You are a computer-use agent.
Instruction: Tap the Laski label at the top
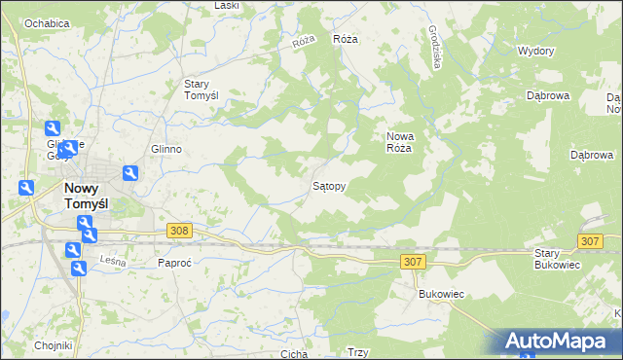click(x=226, y=6)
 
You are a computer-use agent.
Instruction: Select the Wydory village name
click(x=536, y=51)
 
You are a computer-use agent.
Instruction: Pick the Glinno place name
click(x=166, y=149)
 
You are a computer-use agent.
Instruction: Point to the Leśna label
click(x=113, y=259)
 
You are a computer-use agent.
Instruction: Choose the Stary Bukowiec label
click(x=558, y=259)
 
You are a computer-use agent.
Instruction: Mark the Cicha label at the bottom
click(x=294, y=354)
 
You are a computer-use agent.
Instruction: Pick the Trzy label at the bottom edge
click(x=357, y=353)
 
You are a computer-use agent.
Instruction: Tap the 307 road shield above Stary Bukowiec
click(x=589, y=240)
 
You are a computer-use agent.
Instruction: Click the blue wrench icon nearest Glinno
click(x=128, y=173)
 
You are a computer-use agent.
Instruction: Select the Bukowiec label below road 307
click(x=437, y=293)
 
